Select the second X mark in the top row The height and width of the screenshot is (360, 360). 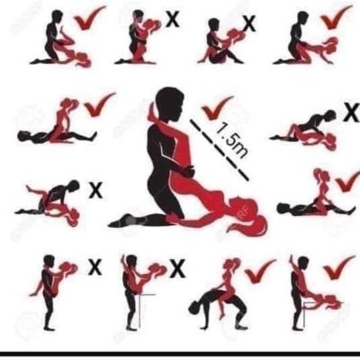[x=249, y=22]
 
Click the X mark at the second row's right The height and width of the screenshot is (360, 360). [x=329, y=114]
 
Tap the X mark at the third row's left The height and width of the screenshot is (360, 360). [x=95, y=190]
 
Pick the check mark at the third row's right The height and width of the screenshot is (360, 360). [x=346, y=180]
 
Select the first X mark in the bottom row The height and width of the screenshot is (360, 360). [x=94, y=266]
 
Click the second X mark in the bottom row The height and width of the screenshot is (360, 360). [x=177, y=267]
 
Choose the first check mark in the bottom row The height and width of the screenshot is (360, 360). [x=259, y=268]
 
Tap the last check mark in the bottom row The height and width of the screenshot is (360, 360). [x=337, y=266]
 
